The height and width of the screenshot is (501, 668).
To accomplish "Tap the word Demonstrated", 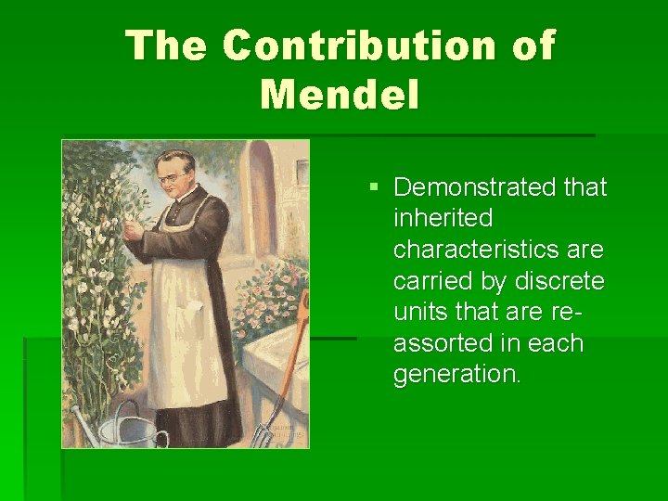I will (x=472, y=187).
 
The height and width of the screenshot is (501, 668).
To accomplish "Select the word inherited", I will (x=443, y=219).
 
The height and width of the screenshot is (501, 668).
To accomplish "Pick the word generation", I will (x=457, y=376).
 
